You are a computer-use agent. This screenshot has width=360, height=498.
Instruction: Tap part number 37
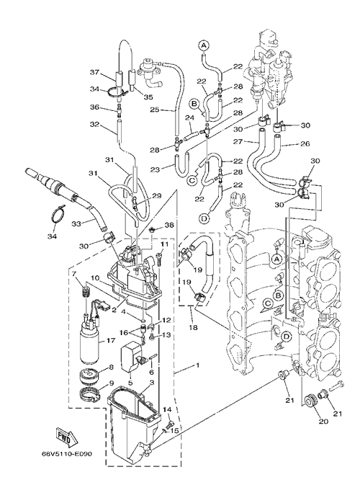pos(94,73)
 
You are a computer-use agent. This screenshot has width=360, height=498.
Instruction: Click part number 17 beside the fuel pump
pos(110,341)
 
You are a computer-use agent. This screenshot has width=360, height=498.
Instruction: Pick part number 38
pos(169,225)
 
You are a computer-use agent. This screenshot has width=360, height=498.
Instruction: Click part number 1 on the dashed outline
pos(197,365)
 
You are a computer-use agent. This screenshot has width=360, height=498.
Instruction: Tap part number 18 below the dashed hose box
pos(193,327)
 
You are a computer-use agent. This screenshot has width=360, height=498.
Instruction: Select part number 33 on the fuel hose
pos(76,223)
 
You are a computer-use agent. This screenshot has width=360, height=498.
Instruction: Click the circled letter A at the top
pos(204,45)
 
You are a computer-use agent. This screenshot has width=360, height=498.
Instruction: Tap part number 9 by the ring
pos(111,383)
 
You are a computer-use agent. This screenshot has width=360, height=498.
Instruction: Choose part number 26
pos(305,143)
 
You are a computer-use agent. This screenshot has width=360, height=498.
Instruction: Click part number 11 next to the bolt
pos(163,244)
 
